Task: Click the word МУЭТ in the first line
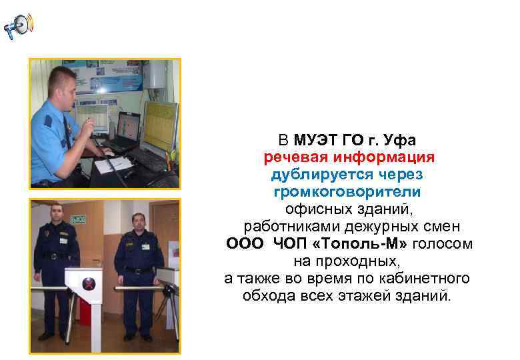[317, 141]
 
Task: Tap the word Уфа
[399, 141]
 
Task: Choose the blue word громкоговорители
[347, 192]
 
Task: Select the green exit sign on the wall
[78, 218]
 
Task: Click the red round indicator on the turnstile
[87, 285]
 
